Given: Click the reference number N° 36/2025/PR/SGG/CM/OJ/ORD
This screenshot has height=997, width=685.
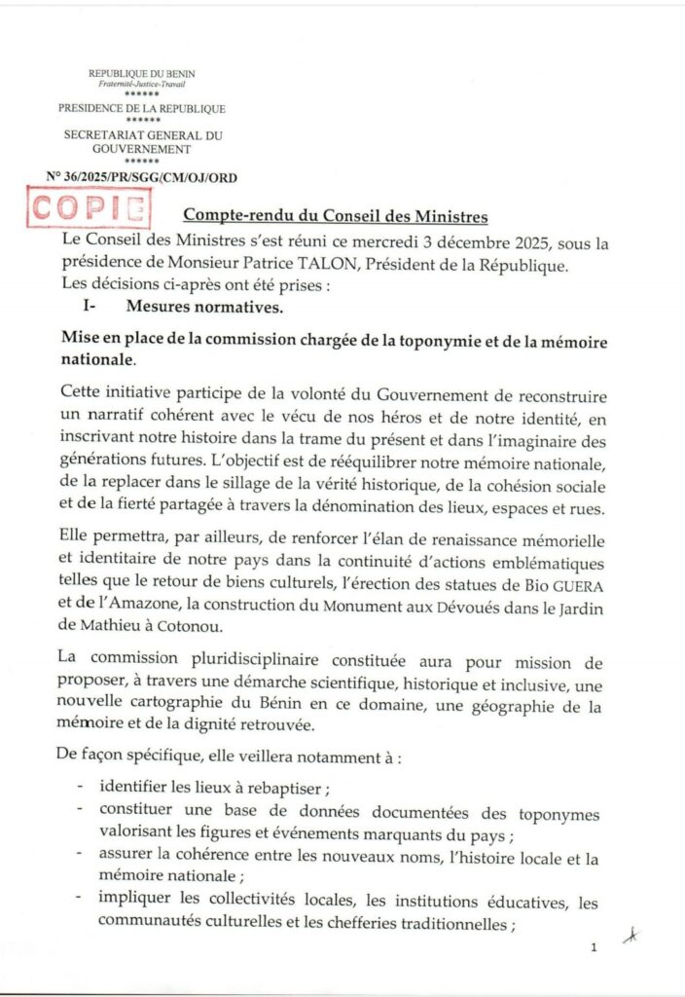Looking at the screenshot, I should (141, 177).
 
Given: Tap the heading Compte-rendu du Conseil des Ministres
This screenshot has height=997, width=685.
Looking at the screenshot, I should (335, 215).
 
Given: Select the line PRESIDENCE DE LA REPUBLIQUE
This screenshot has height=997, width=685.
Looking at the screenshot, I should (142, 109).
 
